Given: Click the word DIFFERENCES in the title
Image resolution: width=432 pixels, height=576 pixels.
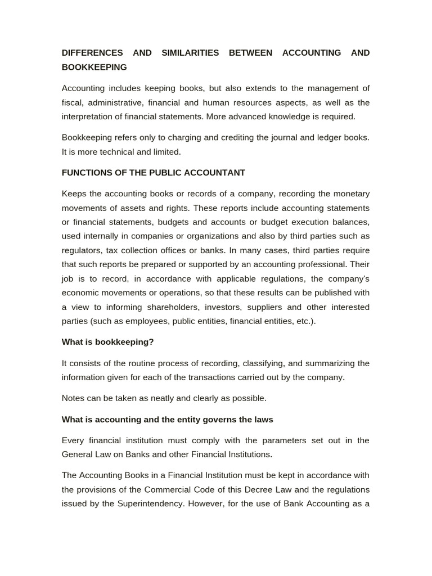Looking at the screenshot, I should (x=92, y=53).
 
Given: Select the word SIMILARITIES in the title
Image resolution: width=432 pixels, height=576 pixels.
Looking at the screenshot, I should (x=190, y=53).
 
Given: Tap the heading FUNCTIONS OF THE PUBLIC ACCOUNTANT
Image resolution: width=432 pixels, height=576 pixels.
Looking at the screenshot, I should (x=154, y=173).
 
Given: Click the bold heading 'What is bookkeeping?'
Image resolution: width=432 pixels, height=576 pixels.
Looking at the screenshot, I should (x=107, y=342).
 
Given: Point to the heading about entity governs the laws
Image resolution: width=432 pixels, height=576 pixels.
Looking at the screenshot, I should (x=167, y=420).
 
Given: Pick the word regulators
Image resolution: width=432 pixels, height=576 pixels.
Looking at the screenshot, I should (x=81, y=250).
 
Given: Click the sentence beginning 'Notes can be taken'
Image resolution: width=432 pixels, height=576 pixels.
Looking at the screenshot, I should (x=164, y=398).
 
